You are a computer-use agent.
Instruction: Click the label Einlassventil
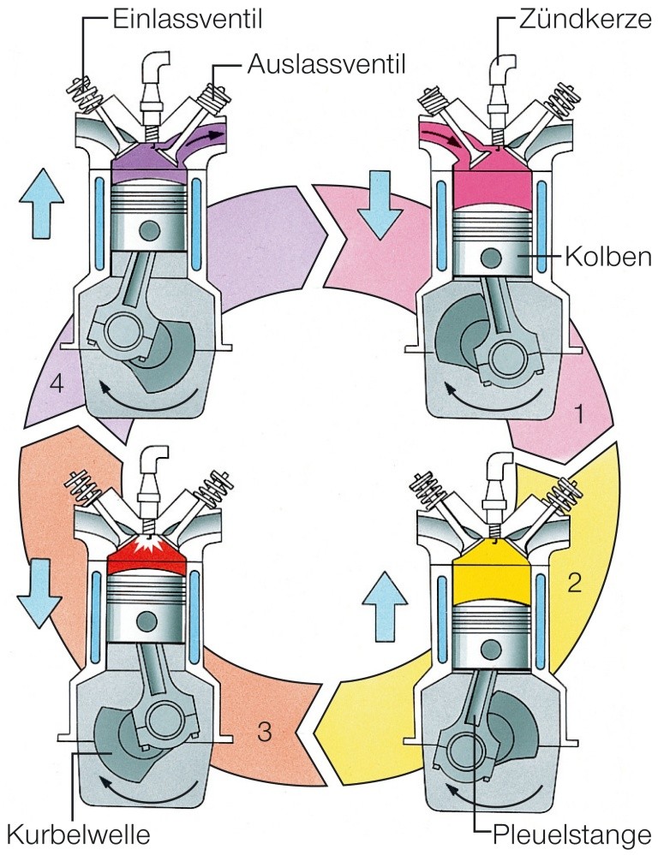pyautogui.click(x=178, y=18)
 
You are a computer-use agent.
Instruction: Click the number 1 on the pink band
pyautogui.click(x=580, y=415)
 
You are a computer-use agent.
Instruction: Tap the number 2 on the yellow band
pyautogui.click(x=575, y=584)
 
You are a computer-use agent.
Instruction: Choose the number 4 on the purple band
pyautogui.click(x=57, y=383)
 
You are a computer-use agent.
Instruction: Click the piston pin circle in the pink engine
pyautogui.click(x=492, y=257)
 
